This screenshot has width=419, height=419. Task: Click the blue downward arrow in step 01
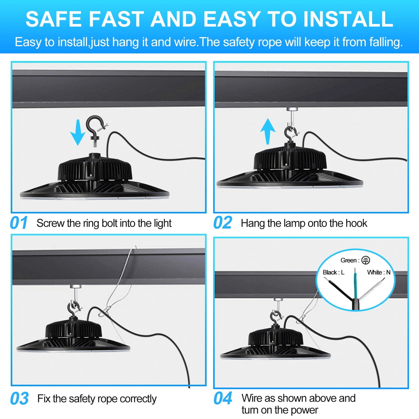tap(78, 132)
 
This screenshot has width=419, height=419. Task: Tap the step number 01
tap(19, 223)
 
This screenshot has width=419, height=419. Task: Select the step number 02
tap(223, 223)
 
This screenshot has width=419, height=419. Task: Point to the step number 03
tap(19, 398)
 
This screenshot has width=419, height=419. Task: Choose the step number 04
tap(223, 398)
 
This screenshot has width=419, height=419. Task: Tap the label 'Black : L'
tap(333, 272)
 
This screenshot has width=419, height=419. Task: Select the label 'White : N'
tap(379, 272)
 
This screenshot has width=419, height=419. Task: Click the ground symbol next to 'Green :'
tap(366, 260)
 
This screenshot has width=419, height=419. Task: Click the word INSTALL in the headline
tap(348, 19)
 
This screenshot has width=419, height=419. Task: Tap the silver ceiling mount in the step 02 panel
tap(291, 108)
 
